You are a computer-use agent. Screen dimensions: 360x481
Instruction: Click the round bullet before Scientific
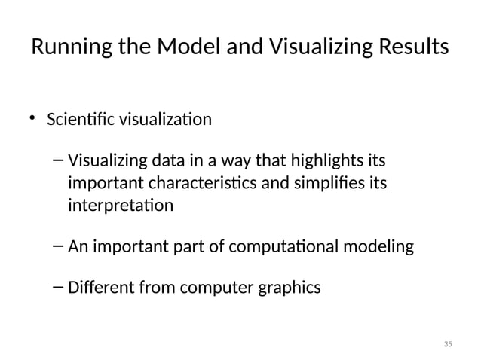coord(33,117)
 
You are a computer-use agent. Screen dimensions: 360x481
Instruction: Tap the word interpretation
coord(120,205)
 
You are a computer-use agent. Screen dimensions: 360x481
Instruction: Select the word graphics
coord(290,288)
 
